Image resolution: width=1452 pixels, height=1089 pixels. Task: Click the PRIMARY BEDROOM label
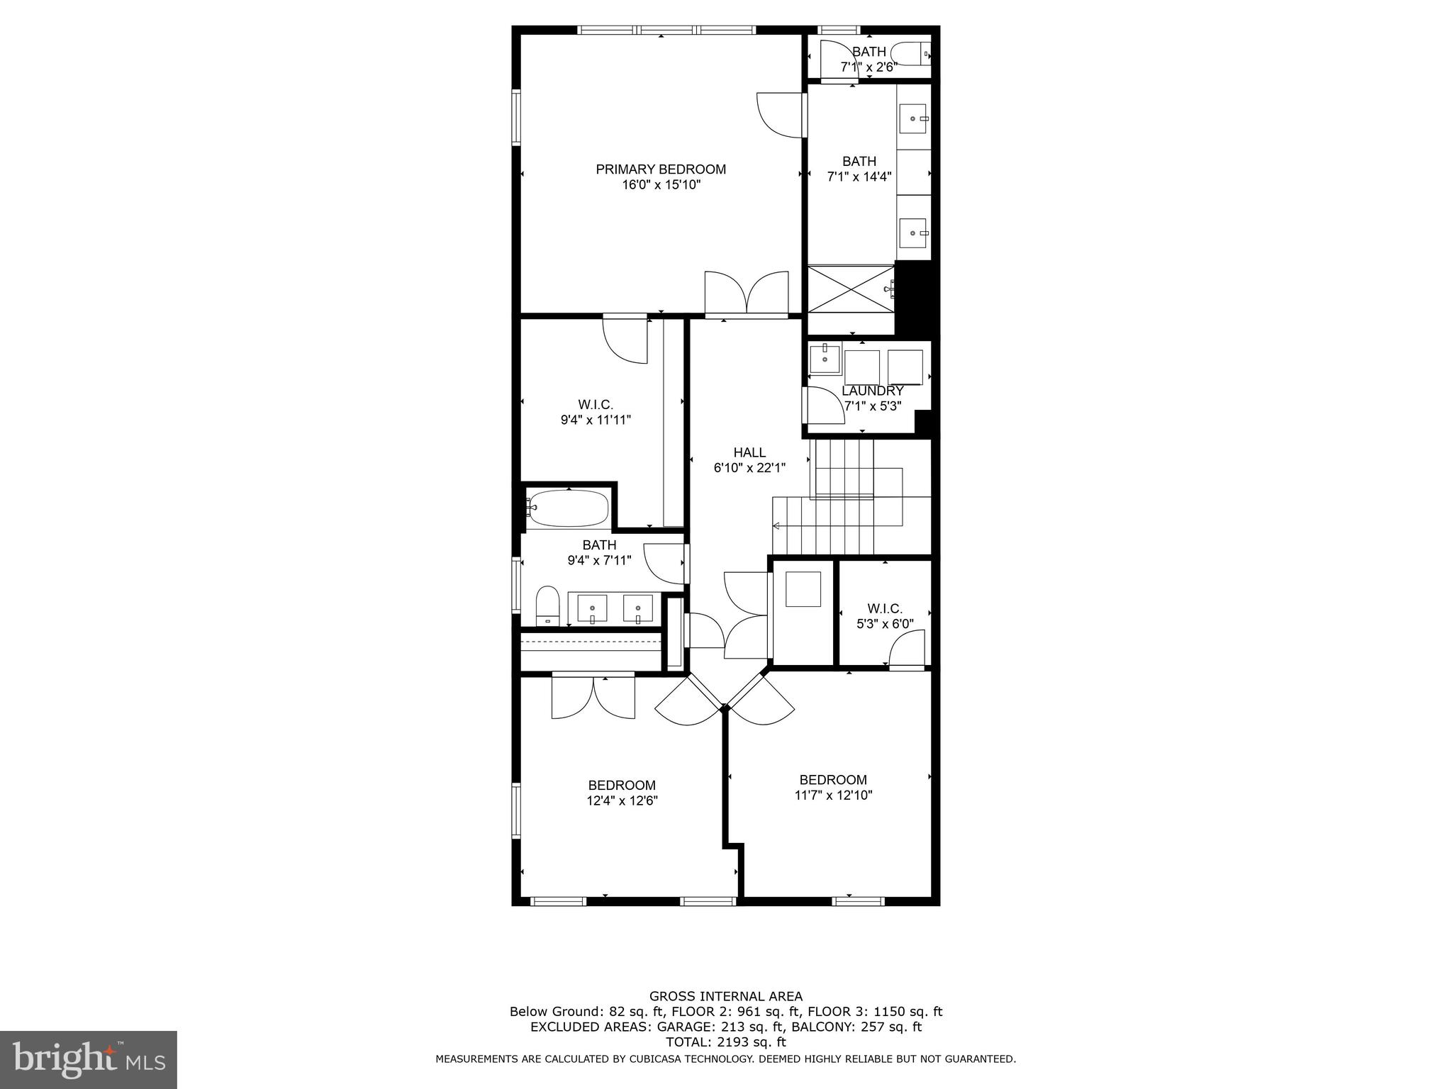[x=660, y=169]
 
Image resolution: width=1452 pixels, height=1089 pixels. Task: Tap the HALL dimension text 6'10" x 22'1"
[x=749, y=468]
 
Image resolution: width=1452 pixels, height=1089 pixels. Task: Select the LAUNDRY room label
[x=872, y=391]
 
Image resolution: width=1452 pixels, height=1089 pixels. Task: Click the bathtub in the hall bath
[x=567, y=508]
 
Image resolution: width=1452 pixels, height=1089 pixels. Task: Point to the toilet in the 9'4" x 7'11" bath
[x=547, y=606]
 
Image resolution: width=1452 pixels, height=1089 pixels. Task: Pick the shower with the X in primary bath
[x=851, y=289]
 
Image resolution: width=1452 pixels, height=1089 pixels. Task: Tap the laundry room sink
[x=825, y=357]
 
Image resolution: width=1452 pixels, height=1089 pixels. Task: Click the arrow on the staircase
[x=776, y=526]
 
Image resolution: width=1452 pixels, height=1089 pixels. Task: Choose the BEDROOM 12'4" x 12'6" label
[x=622, y=786]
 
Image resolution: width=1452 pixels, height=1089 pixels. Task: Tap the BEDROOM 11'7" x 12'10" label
[x=833, y=780]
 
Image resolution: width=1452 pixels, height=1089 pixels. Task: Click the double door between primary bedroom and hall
[x=747, y=292]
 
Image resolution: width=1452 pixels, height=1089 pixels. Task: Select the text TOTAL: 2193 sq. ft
[x=725, y=1042]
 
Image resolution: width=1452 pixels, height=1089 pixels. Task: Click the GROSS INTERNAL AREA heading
[x=725, y=996]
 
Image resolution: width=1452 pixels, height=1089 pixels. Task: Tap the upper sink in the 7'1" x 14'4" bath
[x=913, y=118]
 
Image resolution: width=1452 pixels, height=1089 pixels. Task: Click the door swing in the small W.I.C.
[x=908, y=650]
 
